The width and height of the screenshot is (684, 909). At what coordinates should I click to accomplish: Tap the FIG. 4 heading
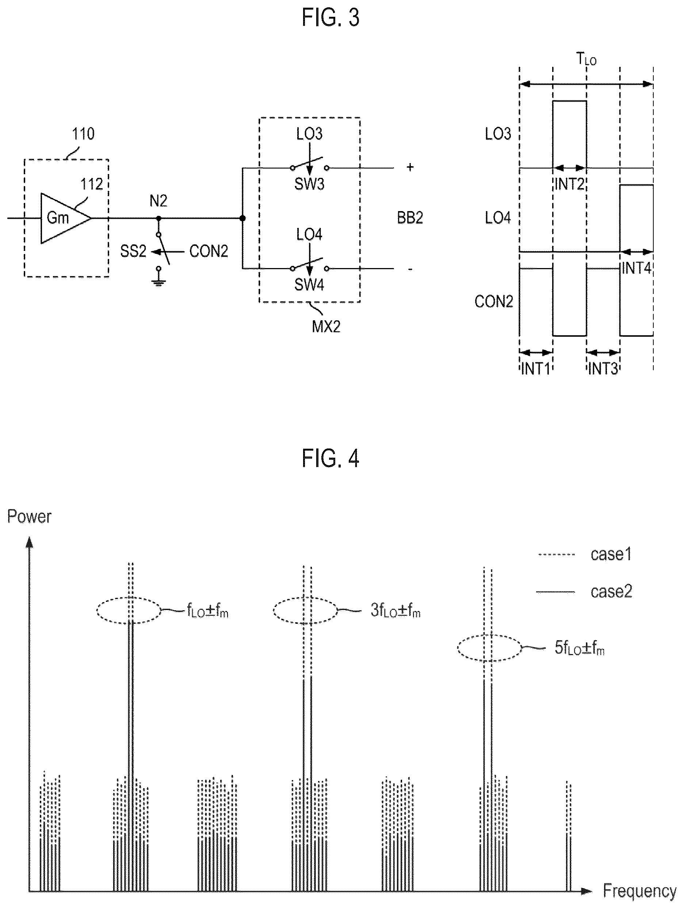click(x=331, y=458)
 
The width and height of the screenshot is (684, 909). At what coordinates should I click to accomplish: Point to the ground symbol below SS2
click(x=158, y=282)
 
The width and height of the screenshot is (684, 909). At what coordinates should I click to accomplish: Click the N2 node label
click(x=158, y=201)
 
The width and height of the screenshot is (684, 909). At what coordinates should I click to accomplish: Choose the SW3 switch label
click(x=309, y=184)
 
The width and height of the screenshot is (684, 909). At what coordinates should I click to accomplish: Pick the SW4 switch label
click(x=309, y=284)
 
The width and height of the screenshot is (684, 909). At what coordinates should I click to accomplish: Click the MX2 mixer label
click(x=326, y=327)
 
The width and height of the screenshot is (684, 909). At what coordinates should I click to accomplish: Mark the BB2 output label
click(x=410, y=217)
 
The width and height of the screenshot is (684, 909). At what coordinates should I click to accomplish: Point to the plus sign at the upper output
click(x=410, y=167)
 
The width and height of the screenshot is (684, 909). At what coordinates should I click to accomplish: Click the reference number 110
click(x=83, y=134)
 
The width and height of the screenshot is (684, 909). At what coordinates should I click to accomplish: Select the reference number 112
click(x=92, y=184)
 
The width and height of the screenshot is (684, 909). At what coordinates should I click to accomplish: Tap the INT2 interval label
click(x=569, y=184)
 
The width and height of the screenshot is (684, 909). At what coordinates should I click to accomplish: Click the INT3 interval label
click(x=603, y=368)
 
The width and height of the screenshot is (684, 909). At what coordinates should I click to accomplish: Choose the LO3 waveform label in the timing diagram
click(x=498, y=134)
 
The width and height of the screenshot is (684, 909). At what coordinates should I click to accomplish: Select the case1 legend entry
click(x=611, y=554)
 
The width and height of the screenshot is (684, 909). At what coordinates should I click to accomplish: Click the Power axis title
click(x=29, y=516)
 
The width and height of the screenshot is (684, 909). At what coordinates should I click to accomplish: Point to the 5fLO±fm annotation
click(x=579, y=648)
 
